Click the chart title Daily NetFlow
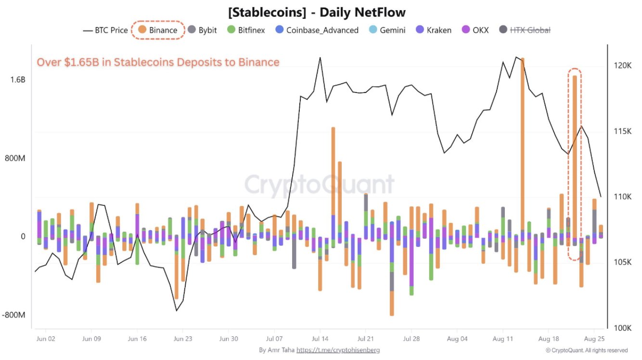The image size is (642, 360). click(x=321, y=12)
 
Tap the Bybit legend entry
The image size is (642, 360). click(x=202, y=30)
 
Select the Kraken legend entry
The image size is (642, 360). click(x=433, y=30)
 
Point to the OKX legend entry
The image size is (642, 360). click(x=475, y=30)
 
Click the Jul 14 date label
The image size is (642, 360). click(x=320, y=338)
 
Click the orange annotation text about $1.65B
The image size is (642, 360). click(x=158, y=62)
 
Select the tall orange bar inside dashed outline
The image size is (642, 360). click(x=574, y=154)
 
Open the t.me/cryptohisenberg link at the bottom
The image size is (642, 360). click(x=338, y=350)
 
